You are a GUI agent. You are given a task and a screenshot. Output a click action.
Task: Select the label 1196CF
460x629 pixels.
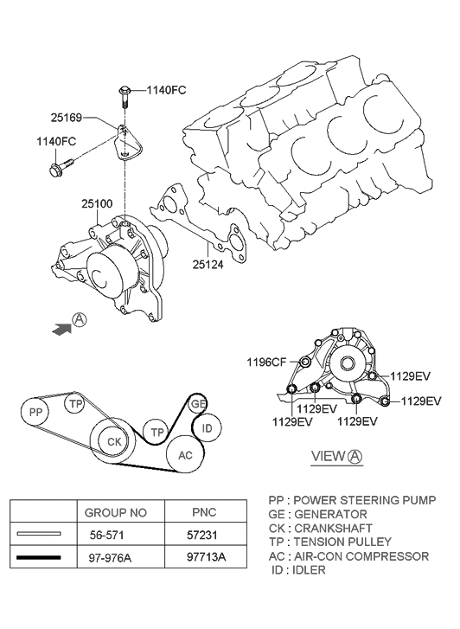pos(269,363)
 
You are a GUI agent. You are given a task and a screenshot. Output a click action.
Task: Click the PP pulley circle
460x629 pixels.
pos(36,413)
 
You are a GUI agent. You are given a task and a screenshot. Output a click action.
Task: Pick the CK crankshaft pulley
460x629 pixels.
pos(113,441)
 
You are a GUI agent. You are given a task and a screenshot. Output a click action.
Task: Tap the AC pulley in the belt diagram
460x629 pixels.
pos(185,455)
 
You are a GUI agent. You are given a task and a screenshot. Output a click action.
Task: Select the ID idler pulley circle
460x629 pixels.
pos(206,427)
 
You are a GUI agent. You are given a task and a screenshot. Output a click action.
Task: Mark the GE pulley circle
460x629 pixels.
pos(198,404)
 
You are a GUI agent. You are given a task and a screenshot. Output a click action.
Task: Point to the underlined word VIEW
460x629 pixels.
pos(328,457)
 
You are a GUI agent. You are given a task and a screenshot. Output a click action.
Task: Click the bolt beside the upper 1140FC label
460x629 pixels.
pos(124,93)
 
